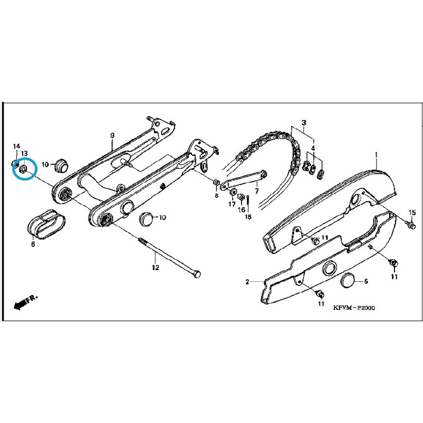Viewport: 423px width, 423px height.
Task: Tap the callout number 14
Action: [16, 145]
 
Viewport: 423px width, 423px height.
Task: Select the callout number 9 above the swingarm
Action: [112, 136]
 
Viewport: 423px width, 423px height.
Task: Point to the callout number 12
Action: [155, 268]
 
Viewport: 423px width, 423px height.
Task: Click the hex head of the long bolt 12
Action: [197, 275]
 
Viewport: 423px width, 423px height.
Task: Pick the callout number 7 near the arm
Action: [256, 191]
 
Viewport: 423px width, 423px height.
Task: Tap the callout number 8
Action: [216, 196]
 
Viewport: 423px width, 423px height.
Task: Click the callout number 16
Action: [241, 209]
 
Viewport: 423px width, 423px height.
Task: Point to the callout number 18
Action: [249, 217]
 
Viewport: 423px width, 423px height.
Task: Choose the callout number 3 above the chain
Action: [304, 123]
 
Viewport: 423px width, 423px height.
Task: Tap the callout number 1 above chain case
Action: [376, 155]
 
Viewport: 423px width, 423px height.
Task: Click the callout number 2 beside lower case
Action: [247, 282]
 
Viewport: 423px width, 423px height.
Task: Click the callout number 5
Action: [365, 281]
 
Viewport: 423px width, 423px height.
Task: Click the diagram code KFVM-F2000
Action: [353, 307]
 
